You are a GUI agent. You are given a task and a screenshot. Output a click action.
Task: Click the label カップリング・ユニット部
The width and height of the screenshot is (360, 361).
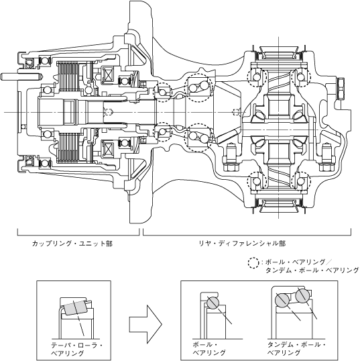tap(72, 244)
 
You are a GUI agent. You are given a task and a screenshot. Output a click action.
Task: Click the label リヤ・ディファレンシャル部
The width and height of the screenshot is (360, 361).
tap(242, 244)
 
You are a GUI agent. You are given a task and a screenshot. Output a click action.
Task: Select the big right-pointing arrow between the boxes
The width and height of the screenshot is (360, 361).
tap(145, 324)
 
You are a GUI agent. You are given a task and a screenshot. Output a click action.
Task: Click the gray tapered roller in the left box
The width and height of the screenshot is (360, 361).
tap(75, 308)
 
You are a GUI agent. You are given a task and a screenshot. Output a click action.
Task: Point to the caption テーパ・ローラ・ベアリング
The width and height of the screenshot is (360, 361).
tap(77, 350)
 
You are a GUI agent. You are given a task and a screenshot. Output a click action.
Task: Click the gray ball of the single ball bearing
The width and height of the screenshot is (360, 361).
tap(212, 303)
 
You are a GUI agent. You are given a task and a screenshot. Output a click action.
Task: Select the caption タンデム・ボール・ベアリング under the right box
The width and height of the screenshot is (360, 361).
tap(296, 348)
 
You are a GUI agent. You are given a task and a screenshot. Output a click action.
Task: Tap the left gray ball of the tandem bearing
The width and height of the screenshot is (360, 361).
tap(282, 300)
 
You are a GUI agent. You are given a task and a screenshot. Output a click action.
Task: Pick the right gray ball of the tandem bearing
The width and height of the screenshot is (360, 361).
tap(303, 297)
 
